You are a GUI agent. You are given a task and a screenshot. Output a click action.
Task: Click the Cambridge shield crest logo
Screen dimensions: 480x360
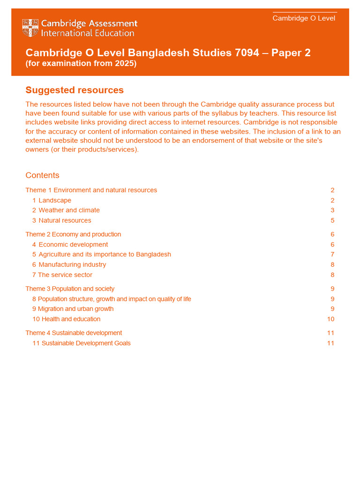pyautogui.click(x=30, y=28)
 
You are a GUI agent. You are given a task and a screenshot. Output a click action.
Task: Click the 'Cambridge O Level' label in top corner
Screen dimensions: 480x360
pyautogui.click(x=304, y=18)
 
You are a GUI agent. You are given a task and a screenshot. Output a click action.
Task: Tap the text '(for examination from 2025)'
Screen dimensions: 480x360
pyautogui.click(x=81, y=63)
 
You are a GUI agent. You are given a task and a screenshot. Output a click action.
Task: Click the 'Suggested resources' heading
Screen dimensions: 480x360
pyautogui.click(x=75, y=90)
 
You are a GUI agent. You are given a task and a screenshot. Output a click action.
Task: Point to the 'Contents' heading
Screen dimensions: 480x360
pyautogui.click(x=42, y=175)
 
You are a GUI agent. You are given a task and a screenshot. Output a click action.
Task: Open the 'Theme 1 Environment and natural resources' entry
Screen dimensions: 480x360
pyautogui.click(x=91, y=190)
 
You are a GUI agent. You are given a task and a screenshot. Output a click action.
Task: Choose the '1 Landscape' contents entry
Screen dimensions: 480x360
pyautogui.click(x=52, y=201)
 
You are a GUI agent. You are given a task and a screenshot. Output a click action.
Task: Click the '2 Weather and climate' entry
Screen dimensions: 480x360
pyautogui.click(x=66, y=210)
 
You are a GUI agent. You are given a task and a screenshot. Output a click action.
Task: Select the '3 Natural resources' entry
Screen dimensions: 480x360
pyautogui.click(x=62, y=221)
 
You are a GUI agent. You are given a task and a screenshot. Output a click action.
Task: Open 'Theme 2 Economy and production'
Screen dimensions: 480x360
pyautogui.click(x=73, y=234)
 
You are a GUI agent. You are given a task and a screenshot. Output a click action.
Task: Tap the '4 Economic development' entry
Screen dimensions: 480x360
pyautogui.click(x=70, y=245)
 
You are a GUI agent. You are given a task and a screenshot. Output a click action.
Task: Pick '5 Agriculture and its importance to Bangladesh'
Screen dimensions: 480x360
pyautogui.click(x=102, y=255)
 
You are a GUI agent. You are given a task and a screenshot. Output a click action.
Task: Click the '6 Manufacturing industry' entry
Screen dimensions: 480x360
pyautogui.click(x=69, y=265)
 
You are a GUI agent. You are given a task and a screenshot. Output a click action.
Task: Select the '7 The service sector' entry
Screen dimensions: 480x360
pyautogui.click(x=62, y=275)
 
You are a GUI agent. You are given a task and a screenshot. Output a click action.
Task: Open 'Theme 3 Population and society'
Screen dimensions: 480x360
pyautogui.click(x=70, y=289)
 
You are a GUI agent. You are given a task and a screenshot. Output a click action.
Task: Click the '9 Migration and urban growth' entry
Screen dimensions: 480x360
pyautogui.click(x=73, y=309)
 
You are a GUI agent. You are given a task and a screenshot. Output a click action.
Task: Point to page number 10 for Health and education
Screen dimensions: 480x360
pyautogui.click(x=330, y=319)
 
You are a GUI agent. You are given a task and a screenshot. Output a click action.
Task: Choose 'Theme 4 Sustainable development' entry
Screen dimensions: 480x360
pyautogui.click(x=74, y=333)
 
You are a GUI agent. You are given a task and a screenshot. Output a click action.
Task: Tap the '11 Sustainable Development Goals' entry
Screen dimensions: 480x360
pyautogui.click(x=82, y=343)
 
